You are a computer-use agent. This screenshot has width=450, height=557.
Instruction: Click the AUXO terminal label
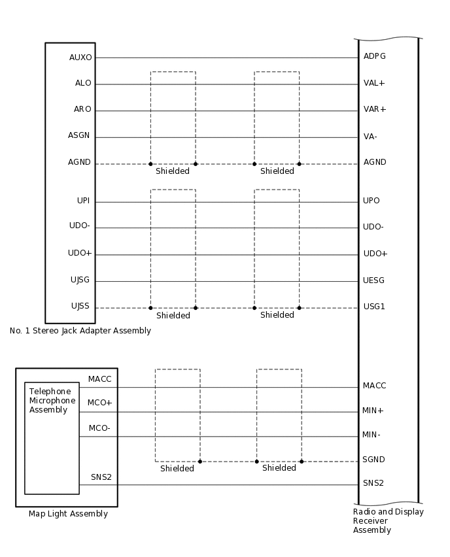click(80, 58)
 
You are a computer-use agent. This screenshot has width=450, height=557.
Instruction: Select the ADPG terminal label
click(375, 56)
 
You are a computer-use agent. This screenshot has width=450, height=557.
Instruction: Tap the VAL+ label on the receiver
click(374, 83)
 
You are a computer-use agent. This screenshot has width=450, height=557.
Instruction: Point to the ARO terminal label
click(82, 109)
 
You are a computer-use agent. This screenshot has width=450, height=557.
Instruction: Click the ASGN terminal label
click(79, 136)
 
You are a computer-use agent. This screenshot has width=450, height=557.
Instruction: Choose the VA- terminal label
click(370, 137)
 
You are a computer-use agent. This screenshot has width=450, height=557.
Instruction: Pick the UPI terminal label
click(83, 201)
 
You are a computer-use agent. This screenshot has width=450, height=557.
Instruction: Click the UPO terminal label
click(372, 201)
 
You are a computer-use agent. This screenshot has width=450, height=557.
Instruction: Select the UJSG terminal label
click(80, 280)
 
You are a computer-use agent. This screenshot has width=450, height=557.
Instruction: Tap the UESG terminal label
click(374, 280)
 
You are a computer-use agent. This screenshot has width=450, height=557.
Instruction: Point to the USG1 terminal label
click(374, 306)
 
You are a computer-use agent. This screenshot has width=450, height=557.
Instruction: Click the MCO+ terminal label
click(100, 403)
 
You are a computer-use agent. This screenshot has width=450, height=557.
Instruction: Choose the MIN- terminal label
click(372, 434)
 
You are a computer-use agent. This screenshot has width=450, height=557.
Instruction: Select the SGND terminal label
click(373, 460)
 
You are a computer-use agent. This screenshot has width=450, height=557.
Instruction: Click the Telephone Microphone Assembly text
click(52, 401)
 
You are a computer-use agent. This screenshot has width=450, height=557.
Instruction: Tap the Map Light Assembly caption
click(68, 514)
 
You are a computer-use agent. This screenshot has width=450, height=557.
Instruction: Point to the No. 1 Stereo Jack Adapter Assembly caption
click(80, 331)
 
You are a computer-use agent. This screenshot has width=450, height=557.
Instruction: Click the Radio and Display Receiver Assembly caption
click(388, 521)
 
